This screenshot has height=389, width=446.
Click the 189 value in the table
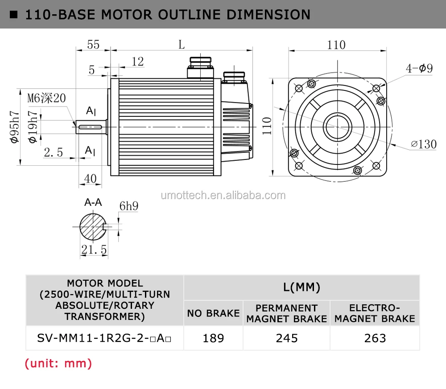tap(213, 338)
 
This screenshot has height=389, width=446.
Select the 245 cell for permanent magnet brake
tap(286, 338)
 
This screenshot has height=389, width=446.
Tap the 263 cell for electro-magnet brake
tap(375, 338)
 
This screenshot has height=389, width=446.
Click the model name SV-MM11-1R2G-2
tap(104, 338)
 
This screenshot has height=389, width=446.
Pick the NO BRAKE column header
tap(213, 313)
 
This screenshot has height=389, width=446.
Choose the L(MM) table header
tap(301, 287)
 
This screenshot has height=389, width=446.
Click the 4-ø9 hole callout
tap(419, 68)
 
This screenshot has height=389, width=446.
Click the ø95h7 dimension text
tap(15, 127)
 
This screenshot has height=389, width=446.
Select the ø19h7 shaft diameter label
tap(32, 127)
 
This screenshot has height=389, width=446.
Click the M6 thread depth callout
tap(46, 98)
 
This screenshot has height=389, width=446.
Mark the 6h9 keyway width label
tap(128, 206)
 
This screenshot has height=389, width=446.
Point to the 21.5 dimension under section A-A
tap(94, 250)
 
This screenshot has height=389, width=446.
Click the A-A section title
tap(93, 202)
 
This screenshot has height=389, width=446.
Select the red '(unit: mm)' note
tap(58, 363)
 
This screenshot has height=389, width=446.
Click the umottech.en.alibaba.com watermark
tap(223, 195)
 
